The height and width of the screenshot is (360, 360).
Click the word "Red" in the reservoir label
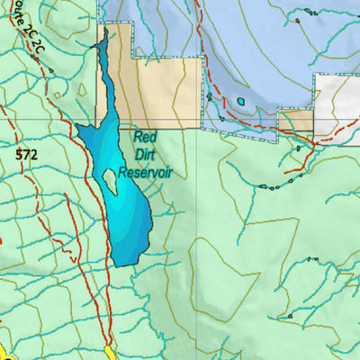click(145, 138)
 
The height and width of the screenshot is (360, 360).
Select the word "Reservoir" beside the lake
click(144, 171)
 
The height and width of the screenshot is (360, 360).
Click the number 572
click(27, 155)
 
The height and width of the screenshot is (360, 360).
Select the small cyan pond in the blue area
click(240, 102)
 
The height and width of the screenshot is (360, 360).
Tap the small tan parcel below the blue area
click(294, 121)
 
